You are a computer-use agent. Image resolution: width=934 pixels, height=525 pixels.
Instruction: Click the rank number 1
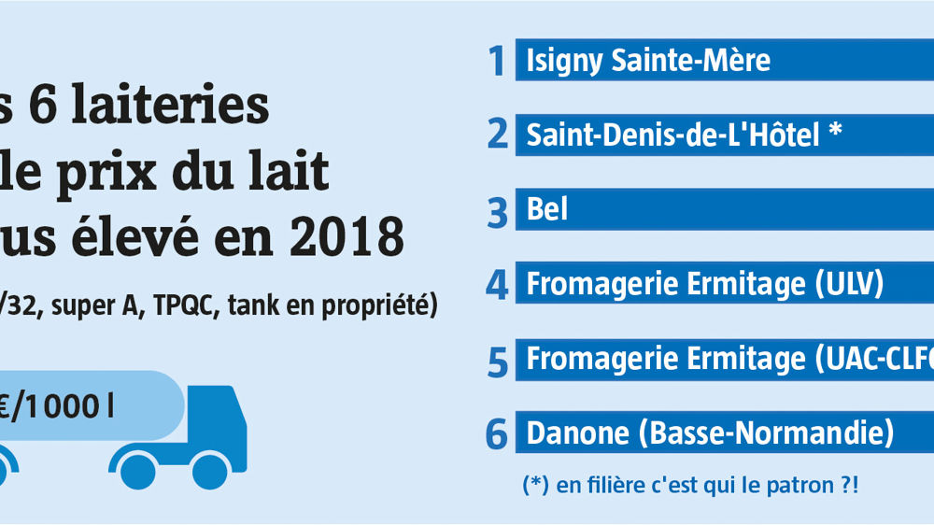pyautogui.click(x=498, y=62)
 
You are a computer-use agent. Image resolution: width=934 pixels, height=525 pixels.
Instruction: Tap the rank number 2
pyautogui.click(x=497, y=135)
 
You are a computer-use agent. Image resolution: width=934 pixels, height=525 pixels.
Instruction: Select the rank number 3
pyautogui.click(x=498, y=210)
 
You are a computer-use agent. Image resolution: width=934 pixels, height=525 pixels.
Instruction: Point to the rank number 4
pyautogui.click(x=497, y=285)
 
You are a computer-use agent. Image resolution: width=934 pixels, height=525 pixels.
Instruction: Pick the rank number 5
pyautogui.click(x=498, y=361)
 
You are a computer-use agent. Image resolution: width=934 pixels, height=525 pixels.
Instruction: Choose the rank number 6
pyautogui.click(x=497, y=434)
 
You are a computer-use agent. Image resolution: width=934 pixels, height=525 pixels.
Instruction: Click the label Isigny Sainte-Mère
pyautogui.click(x=648, y=62)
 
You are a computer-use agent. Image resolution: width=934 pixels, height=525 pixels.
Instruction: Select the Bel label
pyautogui.click(x=547, y=210)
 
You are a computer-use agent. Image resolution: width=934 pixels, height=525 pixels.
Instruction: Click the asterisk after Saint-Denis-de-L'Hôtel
pyautogui.click(x=835, y=132)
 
